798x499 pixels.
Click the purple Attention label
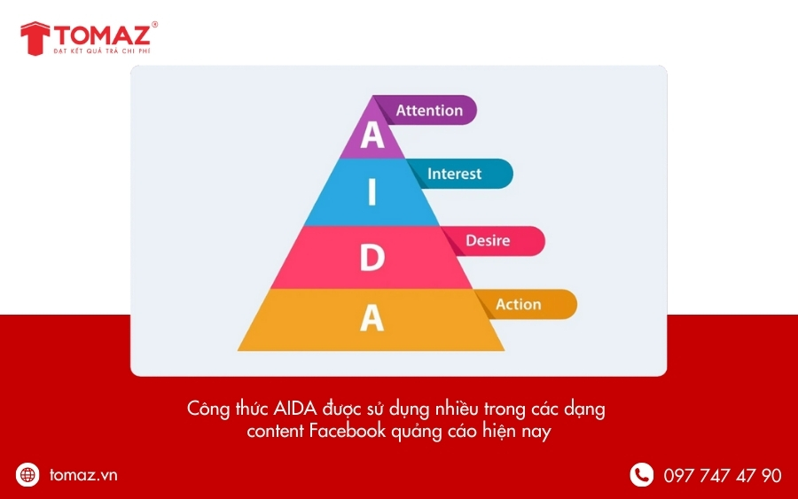(429, 111)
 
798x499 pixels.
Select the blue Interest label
(454, 174)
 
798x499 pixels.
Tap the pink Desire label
(488, 240)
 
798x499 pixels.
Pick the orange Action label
(519, 304)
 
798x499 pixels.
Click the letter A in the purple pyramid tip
(372, 136)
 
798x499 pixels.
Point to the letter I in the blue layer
(372, 192)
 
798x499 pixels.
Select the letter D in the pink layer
(372, 258)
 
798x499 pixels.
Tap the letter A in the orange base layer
(372, 317)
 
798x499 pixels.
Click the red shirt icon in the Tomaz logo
(35, 37)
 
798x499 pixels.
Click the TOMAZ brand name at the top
(103, 35)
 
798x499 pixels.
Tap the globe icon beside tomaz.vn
(28, 475)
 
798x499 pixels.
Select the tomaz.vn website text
(83, 475)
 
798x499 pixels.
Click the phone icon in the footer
(641, 475)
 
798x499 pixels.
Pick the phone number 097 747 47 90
(723, 476)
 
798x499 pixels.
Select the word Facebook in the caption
(347, 432)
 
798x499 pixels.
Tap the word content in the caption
(275, 432)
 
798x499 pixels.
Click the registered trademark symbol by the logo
(155, 25)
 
